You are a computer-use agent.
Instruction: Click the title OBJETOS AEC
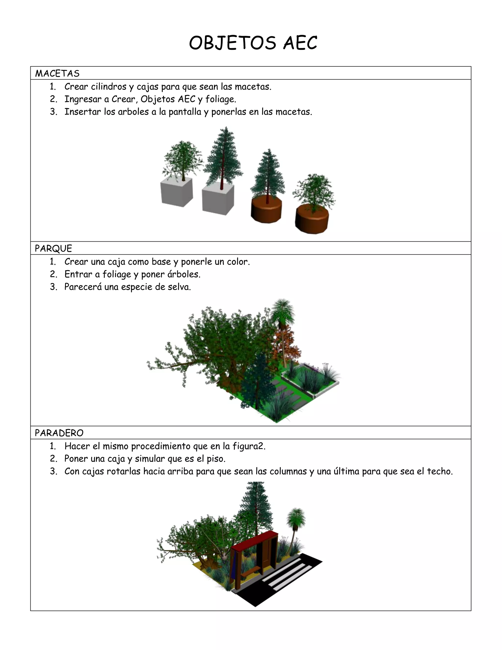point(253,43)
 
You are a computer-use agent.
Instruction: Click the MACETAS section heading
point(57,74)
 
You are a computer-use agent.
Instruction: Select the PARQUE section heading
point(53,248)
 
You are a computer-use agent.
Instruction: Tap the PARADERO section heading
point(59,433)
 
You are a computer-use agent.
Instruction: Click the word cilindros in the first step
point(109,87)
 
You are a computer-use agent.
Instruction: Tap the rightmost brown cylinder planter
point(312,219)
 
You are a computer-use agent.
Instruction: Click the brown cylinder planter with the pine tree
point(266,210)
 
